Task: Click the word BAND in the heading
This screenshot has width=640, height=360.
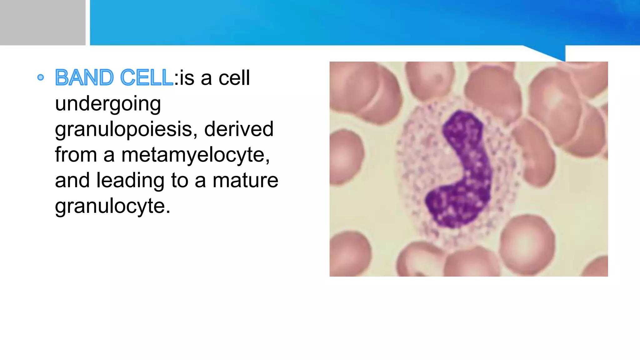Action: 84,78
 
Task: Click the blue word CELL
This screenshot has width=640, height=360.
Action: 146,78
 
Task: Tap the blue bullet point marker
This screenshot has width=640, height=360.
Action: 40,77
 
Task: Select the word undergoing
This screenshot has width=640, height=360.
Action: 108,104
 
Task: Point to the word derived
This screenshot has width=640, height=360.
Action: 239,129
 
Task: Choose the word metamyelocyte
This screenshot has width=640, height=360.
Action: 195,155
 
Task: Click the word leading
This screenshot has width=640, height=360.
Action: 130,180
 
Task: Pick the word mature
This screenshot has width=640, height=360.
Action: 245,180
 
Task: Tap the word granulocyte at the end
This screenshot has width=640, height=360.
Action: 112,206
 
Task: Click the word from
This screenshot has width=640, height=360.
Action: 76,155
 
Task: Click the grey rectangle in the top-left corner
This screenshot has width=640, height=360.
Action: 42,22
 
